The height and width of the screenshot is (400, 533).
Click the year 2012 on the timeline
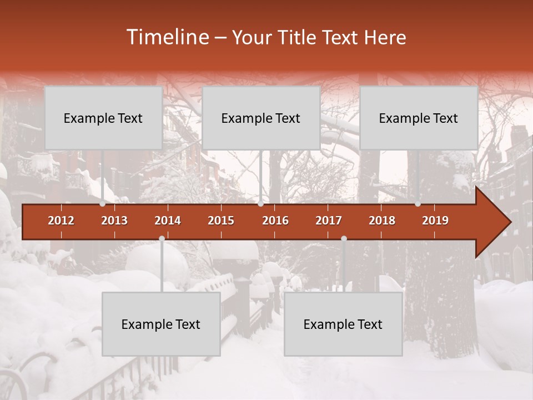(x=61, y=221)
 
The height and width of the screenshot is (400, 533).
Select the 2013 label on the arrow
(x=114, y=221)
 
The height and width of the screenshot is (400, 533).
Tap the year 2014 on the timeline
(x=168, y=221)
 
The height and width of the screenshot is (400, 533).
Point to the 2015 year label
(x=221, y=221)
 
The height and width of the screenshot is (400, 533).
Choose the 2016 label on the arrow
(x=275, y=221)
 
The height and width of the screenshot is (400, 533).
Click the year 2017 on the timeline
(x=329, y=221)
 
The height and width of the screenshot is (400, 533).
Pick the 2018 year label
(x=382, y=221)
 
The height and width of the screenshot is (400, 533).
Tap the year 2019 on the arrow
(x=435, y=221)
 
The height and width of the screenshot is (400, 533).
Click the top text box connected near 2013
(x=103, y=118)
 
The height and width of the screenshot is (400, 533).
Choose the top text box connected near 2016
(x=261, y=118)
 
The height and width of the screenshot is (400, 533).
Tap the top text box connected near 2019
(x=419, y=118)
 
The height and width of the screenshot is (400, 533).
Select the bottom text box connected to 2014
(x=161, y=324)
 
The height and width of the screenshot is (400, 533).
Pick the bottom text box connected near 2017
(x=343, y=324)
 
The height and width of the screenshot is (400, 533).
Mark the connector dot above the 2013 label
(x=103, y=204)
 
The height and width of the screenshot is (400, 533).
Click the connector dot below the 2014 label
(x=162, y=238)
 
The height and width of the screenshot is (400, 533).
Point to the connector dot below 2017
(x=344, y=238)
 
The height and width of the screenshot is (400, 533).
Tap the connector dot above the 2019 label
(x=418, y=204)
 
